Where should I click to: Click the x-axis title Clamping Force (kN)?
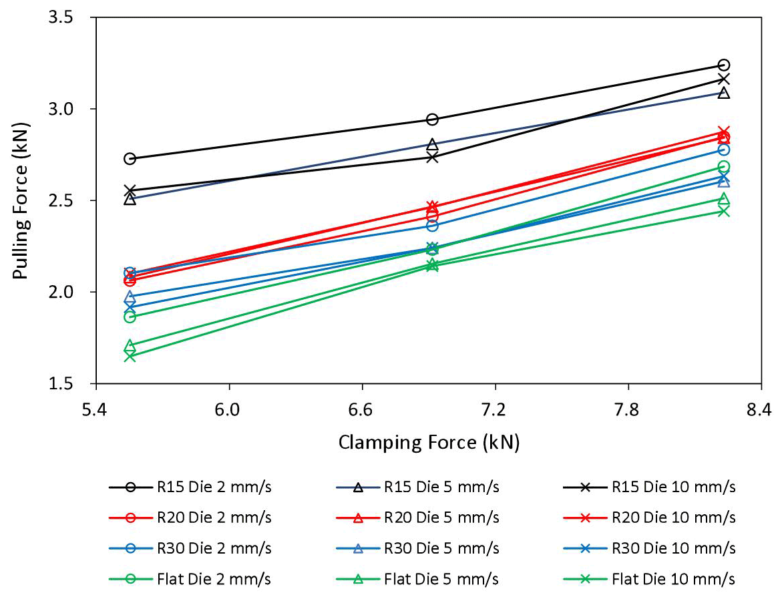point(429,442)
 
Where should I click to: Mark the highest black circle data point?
point(723,65)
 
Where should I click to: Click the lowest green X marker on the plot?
point(130,356)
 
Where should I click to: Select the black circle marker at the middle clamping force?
point(432,120)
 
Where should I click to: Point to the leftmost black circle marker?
point(130,159)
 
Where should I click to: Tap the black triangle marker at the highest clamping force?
point(723,93)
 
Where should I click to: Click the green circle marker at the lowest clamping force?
point(130,317)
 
